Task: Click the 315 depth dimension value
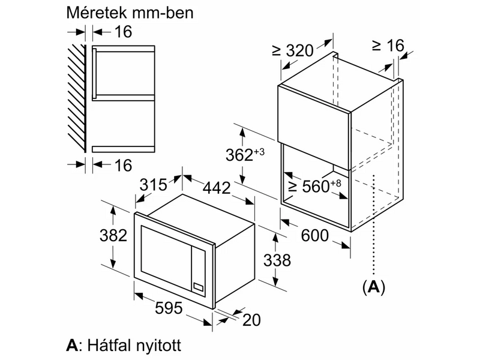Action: click(x=152, y=184)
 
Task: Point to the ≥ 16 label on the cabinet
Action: click(x=388, y=45)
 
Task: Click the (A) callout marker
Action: click(x=373, y=287)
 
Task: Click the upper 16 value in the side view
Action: click(x=122, y=31)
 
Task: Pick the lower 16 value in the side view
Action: click(x=122, y=165)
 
